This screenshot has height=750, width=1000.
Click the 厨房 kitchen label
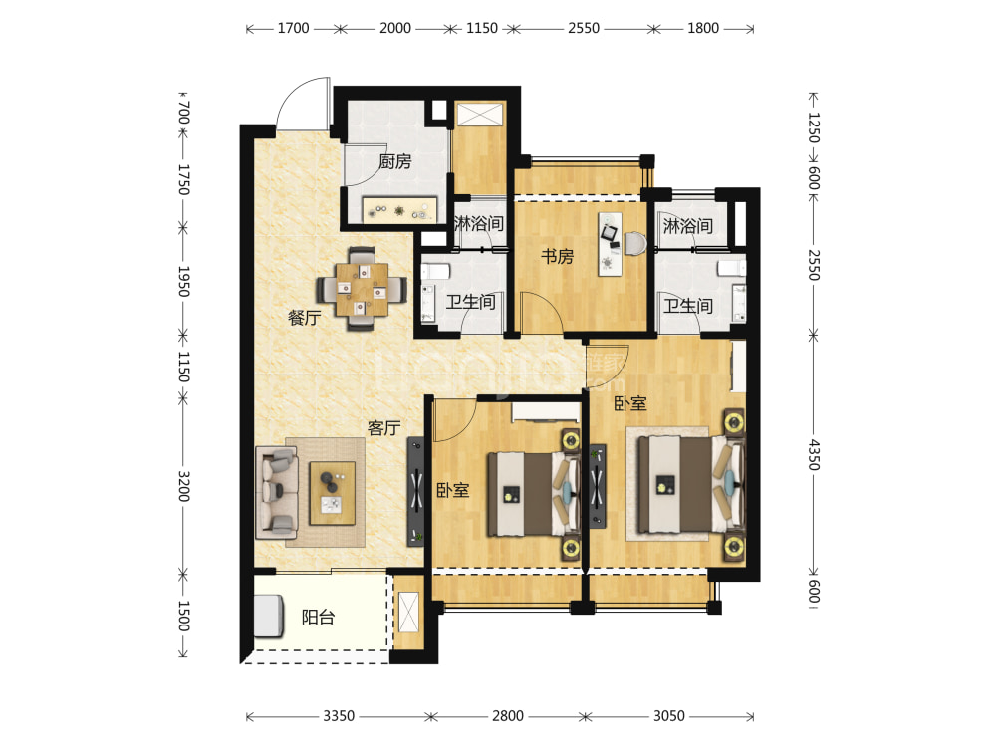pyautogui.click(x=394, y=162)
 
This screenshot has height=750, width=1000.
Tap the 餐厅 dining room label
pyautogui.click(x=304, y=317)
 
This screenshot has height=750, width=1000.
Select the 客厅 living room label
pyautogui.click(x=383, y=428)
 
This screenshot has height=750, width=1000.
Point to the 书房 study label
pyautogui.click(x=558, y=256)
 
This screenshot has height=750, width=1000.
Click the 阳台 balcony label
pyautogui.click(x=319, y=617)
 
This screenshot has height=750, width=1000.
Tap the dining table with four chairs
pyautogui.click(x=363, y=289)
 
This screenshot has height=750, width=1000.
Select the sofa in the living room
pyautogui.click(x=277, y=492)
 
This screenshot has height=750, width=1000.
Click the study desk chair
pyautogui.click(x=635, y=244)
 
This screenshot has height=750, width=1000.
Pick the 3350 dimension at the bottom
pyautogui.click(x=339, y=716)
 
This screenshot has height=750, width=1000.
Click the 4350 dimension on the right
pyautogui.click(x=814, y=454)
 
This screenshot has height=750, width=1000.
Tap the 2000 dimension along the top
pyautogui.click(x=395, y=28)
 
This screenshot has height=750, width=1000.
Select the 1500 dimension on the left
pyautogui.click(x=183, y=616)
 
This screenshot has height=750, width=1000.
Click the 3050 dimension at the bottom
pyautogui.click(x=669, y=716)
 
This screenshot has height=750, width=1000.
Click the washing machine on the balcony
pyautogui.click(x=269, y=617)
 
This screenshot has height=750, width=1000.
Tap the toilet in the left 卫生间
pyautogui.click(x=435, y=272)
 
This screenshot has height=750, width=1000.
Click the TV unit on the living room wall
pyautogui.click(x=415, y=491)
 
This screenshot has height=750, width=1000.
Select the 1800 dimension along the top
pyautogui.click(x=703, y=28)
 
